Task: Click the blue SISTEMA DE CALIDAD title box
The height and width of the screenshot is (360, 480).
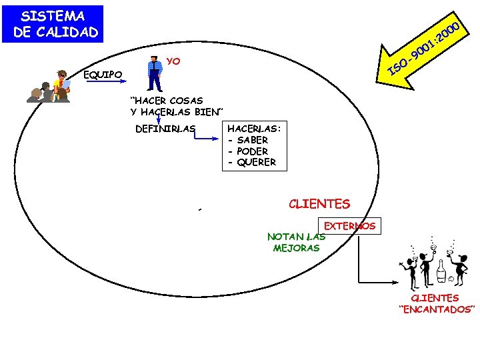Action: (53, 24)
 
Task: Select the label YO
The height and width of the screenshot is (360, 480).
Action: (173, 62)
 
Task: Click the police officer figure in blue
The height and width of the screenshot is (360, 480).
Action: (155, 74)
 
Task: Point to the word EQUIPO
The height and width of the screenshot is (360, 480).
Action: (103, 75)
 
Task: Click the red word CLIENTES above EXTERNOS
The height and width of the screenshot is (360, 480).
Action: (319, 204)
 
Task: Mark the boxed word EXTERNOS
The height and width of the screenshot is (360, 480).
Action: (350, 226)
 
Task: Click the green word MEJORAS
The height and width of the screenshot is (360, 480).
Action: (296, 248)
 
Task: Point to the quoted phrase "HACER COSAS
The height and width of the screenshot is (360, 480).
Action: (167, 101)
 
